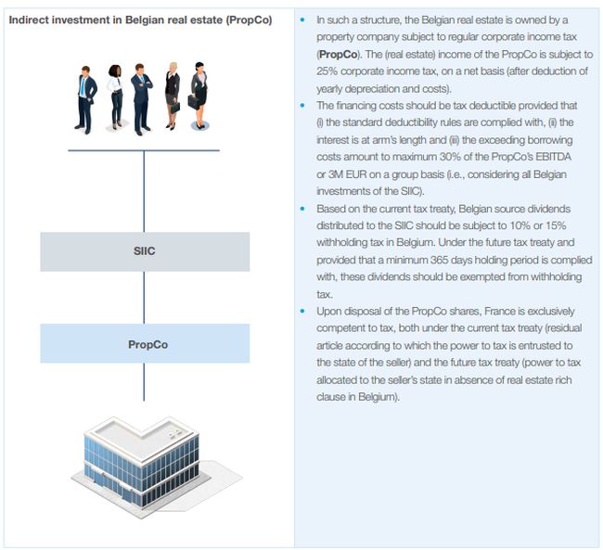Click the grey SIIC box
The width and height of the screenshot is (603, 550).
point(144,251)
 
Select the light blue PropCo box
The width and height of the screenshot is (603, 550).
point(144,343)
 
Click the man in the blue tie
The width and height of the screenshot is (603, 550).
point(86,96)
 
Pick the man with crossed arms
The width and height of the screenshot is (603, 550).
point(141,96)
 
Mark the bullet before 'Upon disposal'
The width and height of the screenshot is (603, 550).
point(304,311)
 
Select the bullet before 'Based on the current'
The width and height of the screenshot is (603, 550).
point(304,209)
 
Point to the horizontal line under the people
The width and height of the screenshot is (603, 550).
point(144,149)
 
